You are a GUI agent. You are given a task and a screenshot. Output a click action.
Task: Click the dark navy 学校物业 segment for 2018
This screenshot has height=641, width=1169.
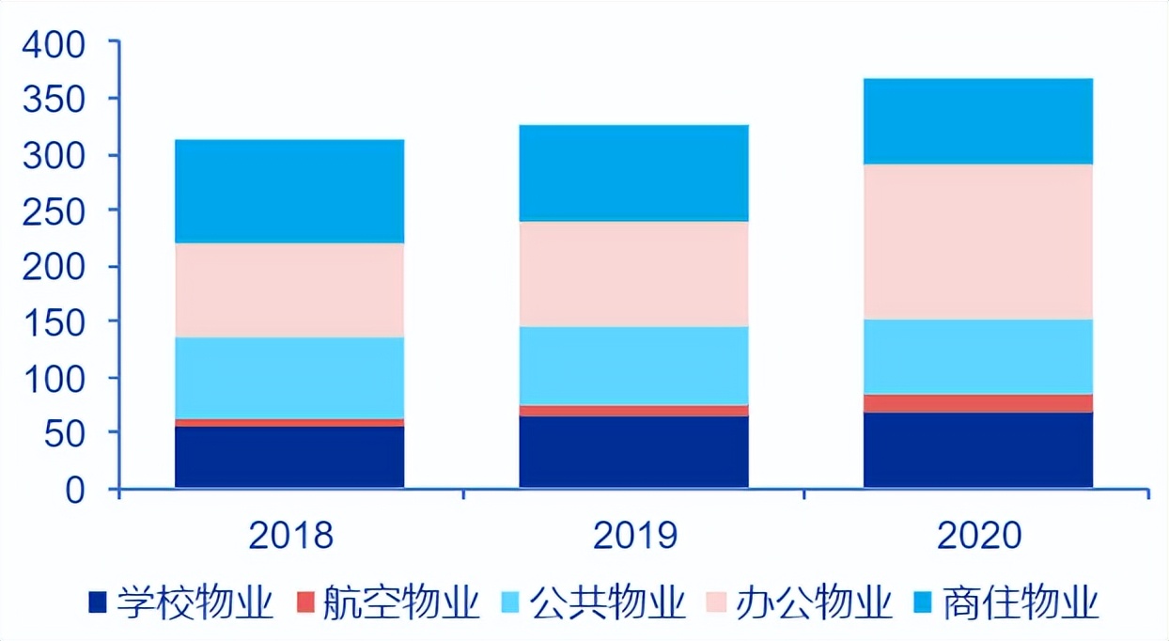[289, 457]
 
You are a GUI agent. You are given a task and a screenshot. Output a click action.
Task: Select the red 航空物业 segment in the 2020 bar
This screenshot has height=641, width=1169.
[978, 403]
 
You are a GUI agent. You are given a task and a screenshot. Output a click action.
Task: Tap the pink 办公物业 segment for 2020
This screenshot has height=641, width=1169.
[978, 242]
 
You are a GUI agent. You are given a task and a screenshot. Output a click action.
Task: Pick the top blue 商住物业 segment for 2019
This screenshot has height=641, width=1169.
[633, 173]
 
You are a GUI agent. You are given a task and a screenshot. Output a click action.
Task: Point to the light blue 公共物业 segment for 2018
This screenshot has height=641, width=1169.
[289, 378]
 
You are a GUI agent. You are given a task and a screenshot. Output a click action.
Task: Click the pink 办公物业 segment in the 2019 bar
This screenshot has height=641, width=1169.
[633, 274]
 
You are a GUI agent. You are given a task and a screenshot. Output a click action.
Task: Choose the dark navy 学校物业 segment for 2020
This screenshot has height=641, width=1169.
[978, 449]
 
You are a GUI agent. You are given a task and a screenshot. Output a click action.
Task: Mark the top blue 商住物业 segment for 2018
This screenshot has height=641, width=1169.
[289, 192]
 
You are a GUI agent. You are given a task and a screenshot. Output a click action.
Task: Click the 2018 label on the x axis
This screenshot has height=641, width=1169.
[290, 536]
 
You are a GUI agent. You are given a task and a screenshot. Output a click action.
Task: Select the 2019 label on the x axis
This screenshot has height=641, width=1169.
[635, 536]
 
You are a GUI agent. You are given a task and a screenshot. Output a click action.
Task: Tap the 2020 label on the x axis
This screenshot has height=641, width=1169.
[978, 536]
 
